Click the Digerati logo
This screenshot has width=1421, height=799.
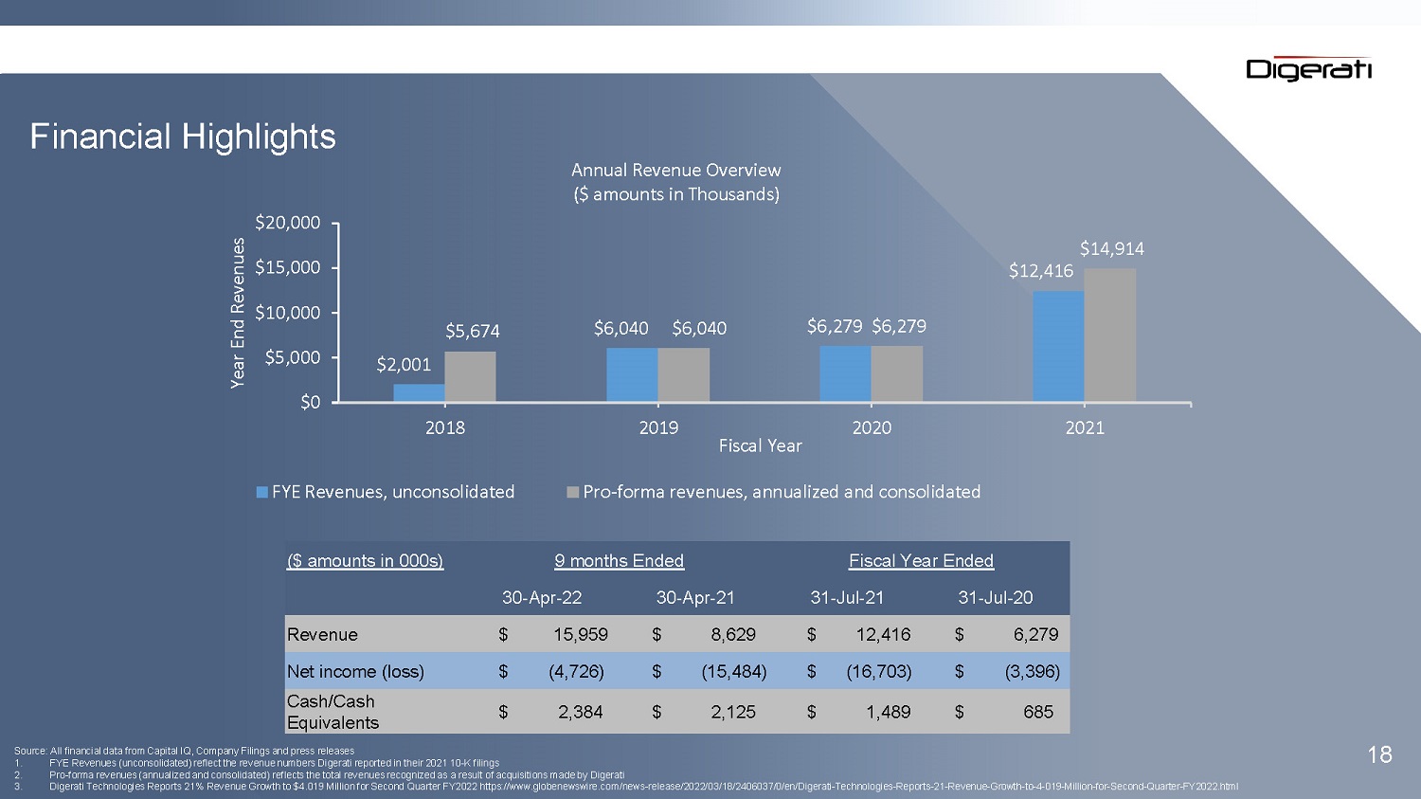[x=1308, y=68]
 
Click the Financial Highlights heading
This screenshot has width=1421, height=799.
[x=183, y=136]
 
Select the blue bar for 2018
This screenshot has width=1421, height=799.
[x=419, y=392]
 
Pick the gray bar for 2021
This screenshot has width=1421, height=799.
[x=1110, y=336]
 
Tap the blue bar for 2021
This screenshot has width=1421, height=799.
[x=1058, y=347]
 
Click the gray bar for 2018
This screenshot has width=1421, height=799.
[x=470, y=377]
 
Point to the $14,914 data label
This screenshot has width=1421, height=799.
[x=1112, y=248]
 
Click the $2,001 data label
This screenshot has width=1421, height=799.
[x=404, y=365]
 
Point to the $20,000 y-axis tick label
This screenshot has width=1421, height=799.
[x=287, y=223]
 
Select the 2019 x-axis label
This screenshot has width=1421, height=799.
[x=658, y=427]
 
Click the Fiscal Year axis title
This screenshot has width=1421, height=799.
[x=760, y=446]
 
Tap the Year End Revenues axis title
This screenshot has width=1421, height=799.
[x=237, y=313]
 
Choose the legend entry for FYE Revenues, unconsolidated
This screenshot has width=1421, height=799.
[x=386, y=492]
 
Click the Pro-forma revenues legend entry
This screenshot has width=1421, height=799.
[x=773, y=492]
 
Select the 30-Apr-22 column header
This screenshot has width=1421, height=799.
[x=542, y=598]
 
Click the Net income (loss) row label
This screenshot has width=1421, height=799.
[x=355, y=671]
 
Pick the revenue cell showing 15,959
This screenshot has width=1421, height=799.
[x=581, y=635]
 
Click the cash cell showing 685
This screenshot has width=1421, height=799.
[x=1038, y=712]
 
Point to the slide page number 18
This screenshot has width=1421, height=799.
[x=1379, y=754]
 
